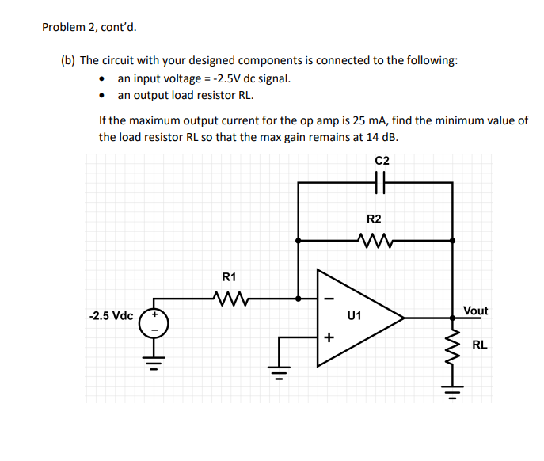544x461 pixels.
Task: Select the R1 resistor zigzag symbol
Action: pyautogui.click(x=230, y=299)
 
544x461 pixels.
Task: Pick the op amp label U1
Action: pyautogui.click(x=354, y=316)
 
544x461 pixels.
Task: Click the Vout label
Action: pyautogui.click(x=475, y=311)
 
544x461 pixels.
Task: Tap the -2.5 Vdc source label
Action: pyautogui.click(x=112, y=315)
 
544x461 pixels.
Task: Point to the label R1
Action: pyautogui.click(x=229, y=277)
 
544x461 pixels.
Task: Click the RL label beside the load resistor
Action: pyautogui.click(x=479, y=345)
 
